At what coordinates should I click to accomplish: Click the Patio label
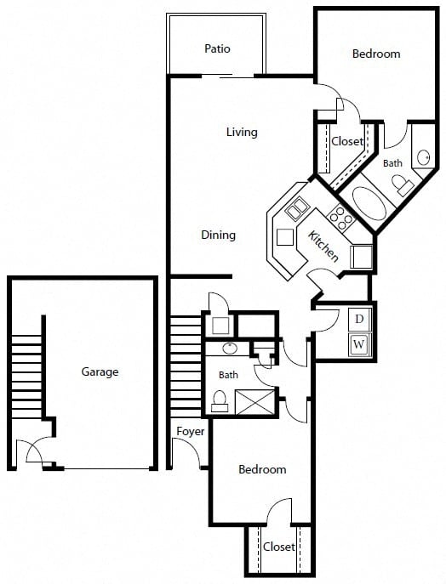click(217, 48)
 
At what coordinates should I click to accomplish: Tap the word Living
click(242, 133)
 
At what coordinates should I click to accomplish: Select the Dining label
click(218, 235)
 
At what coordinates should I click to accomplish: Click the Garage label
click(100, 371)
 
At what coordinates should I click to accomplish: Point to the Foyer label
click(190, 431)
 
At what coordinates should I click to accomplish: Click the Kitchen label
click(323, 246)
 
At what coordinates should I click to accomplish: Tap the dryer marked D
click(359, 319)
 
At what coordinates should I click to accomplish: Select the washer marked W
click(359, 344)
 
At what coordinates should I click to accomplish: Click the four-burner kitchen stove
click(340, 218)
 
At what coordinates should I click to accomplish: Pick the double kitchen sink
click(297, 209)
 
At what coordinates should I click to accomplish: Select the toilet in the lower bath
click(220, 401)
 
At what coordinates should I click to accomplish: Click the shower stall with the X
click(254, 402)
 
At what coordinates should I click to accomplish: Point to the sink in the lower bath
click(230, 349)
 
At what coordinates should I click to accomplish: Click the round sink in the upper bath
click(423, 157)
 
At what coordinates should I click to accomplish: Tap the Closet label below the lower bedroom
click(279, 547)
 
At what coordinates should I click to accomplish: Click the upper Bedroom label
click(376, 54)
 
